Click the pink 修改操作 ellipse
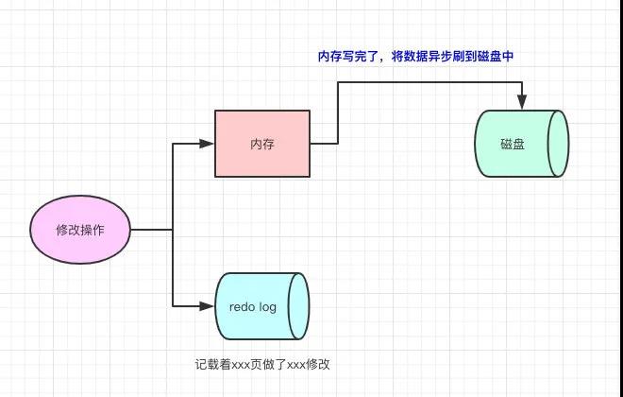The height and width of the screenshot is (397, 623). [80, 231]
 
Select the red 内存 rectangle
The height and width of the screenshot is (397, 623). [262, 144]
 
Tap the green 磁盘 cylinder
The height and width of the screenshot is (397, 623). [521, 144]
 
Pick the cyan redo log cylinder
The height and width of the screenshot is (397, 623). [261, 306]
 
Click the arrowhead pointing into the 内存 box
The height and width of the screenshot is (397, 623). [208, 144]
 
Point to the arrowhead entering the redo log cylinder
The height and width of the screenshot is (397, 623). [209, 306]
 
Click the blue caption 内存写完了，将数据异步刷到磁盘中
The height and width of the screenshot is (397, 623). [413, 57]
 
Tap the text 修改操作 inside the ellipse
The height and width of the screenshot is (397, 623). [80, 231]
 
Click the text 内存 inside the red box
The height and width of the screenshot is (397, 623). [262, 144]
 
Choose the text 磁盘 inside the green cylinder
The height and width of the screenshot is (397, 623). [514, 144]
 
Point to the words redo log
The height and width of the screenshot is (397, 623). [252, 306]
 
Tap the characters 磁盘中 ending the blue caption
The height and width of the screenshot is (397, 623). [496, 57]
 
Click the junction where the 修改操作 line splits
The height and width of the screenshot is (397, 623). [173, 231]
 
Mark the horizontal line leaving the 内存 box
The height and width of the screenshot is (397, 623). [324, 144]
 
